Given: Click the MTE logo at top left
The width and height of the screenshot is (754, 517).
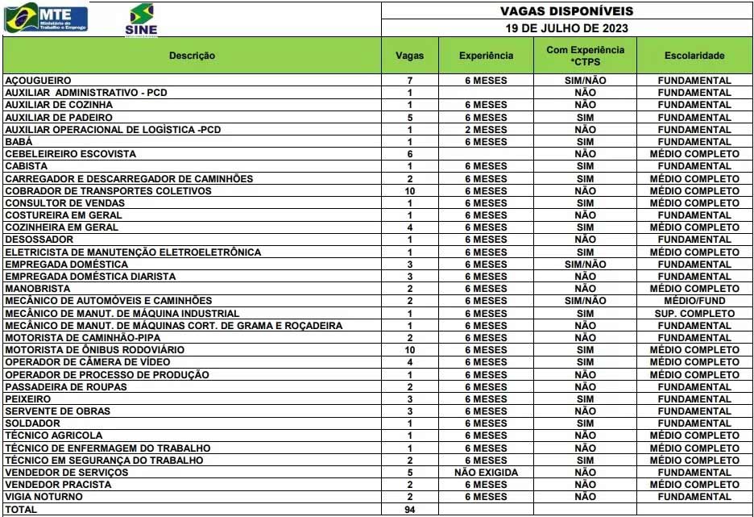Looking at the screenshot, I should pyautogui.click(x=46, y=18).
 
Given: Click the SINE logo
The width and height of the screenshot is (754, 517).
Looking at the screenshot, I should pyautogui.click(x=142, y=19).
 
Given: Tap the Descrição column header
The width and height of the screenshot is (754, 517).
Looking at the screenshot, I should pyautogui.click(x=192, y=56).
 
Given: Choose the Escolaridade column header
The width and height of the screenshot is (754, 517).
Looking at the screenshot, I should pyautogui.click(x=694, y=56).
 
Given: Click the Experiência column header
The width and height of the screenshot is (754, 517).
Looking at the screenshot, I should pyautogui.click(x=486, y=56).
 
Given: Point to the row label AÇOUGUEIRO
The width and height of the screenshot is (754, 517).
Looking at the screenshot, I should pyautogui.click(x=39, y=81).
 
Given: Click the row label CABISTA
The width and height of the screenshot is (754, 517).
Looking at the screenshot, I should pyautogui.click(x=27, y=166).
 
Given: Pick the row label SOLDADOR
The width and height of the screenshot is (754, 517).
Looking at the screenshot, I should pyautogui.click(x=32, y=423).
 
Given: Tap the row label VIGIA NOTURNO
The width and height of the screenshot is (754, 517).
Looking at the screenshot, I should pyautogui.click(x=43, y=497).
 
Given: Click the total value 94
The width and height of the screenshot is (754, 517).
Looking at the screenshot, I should pyautogui.click(x=409, y=510).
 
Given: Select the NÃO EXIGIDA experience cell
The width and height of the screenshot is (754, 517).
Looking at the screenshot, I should pyautogui.click(x=486, y=473).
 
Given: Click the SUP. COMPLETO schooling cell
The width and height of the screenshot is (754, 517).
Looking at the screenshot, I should pyautogui.click(x=694, y=313).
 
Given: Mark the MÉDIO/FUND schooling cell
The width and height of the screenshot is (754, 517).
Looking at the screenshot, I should pyautogui.click(x=694, y=301).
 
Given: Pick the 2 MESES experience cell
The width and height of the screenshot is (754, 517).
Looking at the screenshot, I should pyautogui.click(x=486, y=130).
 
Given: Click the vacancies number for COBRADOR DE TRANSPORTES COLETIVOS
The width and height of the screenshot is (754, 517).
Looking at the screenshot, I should pyautogui.click(x=409, y=191).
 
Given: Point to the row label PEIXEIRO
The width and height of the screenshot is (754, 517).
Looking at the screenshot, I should pyautogui.click(x=28, y=399).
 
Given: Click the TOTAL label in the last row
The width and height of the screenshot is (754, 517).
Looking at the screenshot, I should pyautogui.click(x=22, y=510).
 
